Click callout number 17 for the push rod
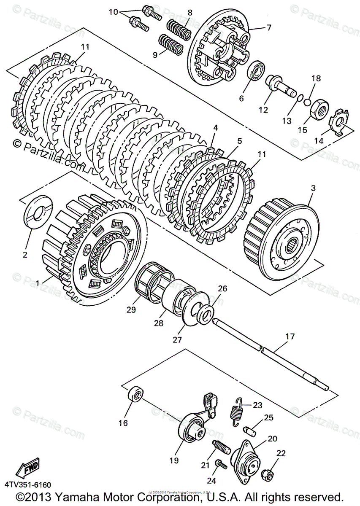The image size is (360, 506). pos(290,336)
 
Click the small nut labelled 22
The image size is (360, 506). pos(268,474)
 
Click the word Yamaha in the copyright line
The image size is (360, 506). pos(84,496)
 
